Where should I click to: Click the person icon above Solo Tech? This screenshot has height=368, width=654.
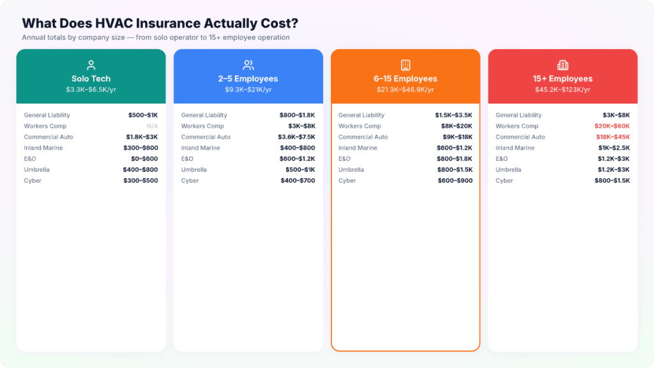coord(91,65)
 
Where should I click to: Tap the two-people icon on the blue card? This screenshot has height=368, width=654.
coord(248,65)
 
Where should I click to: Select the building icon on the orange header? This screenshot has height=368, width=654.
coord(405,65)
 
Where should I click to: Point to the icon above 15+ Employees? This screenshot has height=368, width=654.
coord(562,65)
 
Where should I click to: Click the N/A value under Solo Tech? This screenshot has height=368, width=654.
coord(152,126)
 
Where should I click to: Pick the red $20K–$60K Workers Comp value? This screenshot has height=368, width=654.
coord(612,126)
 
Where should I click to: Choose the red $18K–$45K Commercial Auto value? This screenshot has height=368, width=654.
coord(612,137)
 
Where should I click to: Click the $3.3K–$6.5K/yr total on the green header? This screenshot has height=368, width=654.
coord(91,89)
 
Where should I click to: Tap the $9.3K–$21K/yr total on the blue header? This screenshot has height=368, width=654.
coord(248,89)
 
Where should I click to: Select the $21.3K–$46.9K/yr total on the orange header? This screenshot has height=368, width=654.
coord(405,89)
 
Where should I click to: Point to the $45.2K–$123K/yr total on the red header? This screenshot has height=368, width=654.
coord(562,89)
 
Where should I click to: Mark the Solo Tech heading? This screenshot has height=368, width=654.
coord(91,79)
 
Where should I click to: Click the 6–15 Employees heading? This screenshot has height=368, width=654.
coord(405,79)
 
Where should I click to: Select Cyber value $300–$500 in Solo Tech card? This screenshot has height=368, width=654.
coord(141,181)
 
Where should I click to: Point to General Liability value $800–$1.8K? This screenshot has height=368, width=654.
coord(297,115)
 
